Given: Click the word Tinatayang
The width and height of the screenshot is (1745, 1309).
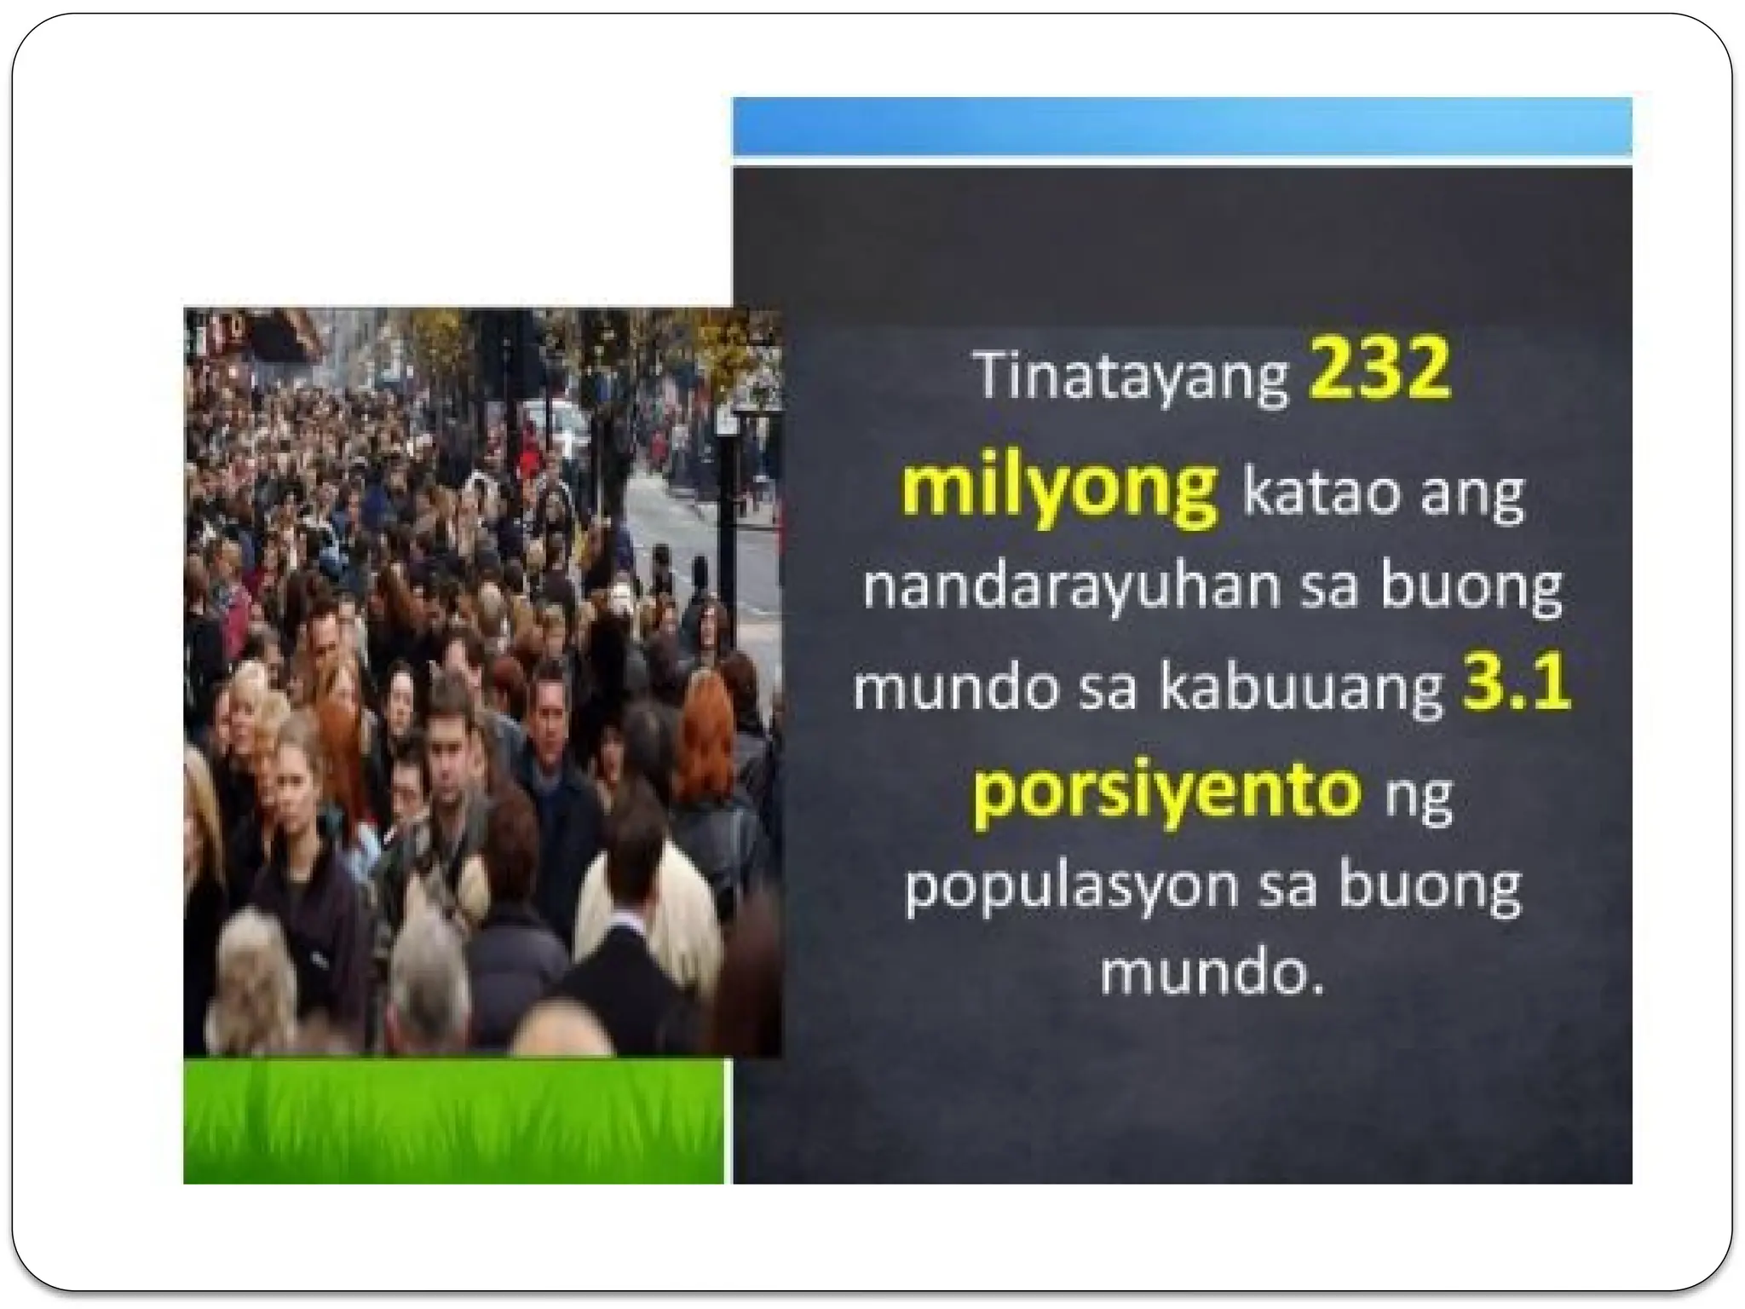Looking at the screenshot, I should pyautogui.click(x=1132, y=377).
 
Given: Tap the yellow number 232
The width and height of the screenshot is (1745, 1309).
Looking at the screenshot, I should pyautogui.click(x=1379, y=369).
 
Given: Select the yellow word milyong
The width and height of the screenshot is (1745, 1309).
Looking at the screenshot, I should pyautogui.click(x=1060, y=488).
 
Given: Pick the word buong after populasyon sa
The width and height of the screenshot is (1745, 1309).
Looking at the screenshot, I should pyautogui.click(x=1429, y=889).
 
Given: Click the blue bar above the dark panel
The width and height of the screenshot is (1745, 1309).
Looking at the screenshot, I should pyautogui.click(x=1182, y=126).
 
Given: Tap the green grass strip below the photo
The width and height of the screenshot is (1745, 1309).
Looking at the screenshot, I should pyautogui.click(x=453, y=1122).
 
